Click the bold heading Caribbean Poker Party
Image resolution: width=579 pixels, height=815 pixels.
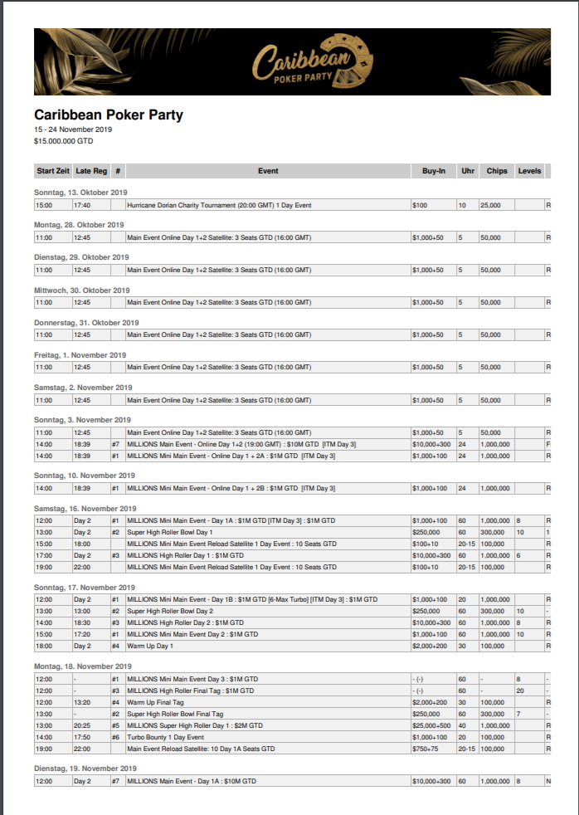tap(109, 115)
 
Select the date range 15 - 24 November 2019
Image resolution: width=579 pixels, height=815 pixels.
tap(73, 129)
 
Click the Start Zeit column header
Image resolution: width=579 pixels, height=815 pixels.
tap(53, 171)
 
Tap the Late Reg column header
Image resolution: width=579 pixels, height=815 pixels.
tap(91, 171)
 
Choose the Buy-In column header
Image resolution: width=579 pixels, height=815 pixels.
tap(433, 171)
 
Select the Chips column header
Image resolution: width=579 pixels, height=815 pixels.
tap(497, 171)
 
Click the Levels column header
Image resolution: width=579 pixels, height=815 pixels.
tap(529, 171)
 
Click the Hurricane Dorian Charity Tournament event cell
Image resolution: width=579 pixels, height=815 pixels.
tap(219, 205)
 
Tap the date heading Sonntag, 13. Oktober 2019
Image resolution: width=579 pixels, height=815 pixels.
tap(80, 193)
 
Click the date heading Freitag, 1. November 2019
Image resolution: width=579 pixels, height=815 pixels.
tap(80, 354)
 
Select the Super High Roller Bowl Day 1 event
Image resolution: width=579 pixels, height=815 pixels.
tap(169, 532)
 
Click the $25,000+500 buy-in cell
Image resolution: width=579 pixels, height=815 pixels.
tap(432, 725)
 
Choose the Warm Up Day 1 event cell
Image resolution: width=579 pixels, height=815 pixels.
tap(153, 646)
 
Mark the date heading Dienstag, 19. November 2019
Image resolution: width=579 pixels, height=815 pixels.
tap(85, 769)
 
